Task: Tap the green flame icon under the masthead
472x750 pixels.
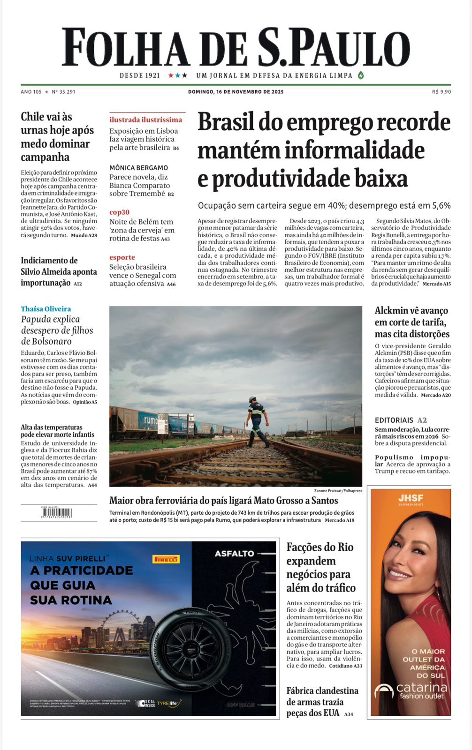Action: [361, 75]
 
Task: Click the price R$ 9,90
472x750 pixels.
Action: [441, 92]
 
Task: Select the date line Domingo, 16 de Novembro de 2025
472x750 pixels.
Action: [236, 92]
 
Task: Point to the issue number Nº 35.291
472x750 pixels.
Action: [63, 92]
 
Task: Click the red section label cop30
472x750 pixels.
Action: [119, 212]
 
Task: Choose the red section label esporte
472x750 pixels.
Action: [122, 257]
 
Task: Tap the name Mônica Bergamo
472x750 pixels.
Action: [138, 168]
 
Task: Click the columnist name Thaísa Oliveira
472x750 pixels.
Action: [46, 309]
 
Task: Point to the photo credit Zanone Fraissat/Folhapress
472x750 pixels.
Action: [338, 491]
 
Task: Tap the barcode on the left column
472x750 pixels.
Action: [57, 513]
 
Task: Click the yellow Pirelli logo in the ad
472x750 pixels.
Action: [166, 559]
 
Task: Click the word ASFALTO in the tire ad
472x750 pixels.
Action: [234, 554]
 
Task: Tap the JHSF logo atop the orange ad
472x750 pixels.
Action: [411, 498]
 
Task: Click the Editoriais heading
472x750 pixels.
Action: [394, 420]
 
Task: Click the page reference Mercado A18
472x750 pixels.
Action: [339, 520]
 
